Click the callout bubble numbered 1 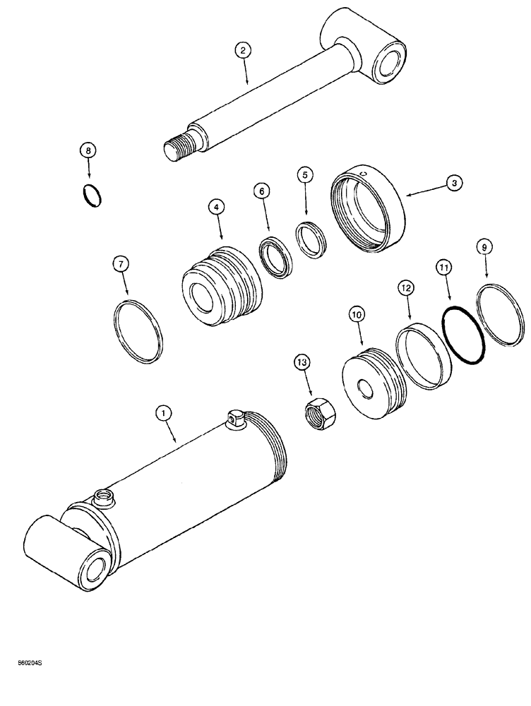click(163, 412)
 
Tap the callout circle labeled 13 click(302, 362)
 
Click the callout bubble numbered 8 click(88, 150)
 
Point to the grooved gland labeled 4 click(221, 287)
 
